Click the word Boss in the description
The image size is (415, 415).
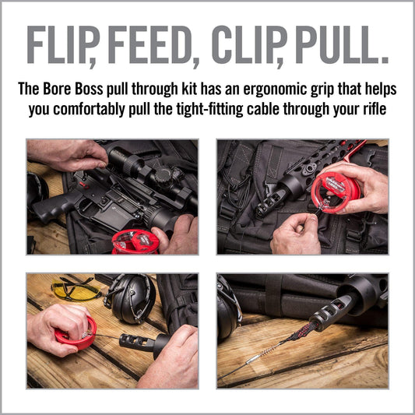(89, 89)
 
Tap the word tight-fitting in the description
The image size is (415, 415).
(209, 110)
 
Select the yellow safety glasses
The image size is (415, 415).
(76, 290)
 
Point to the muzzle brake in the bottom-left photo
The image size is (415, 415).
(136, 343)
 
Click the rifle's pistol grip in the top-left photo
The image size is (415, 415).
(53, 206)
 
